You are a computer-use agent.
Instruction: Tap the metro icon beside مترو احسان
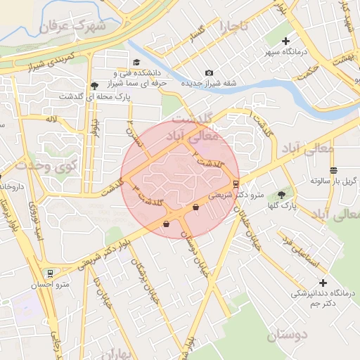(49, 274)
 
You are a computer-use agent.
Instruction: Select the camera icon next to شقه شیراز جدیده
(209, 72)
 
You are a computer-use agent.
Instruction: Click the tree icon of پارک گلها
(283, 195)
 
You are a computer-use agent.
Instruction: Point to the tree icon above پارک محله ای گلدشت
(94, 86)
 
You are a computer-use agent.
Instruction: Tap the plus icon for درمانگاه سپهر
(285, 41)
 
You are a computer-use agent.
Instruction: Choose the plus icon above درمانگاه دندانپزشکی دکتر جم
(302, 281)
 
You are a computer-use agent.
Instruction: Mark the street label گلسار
(192, 34)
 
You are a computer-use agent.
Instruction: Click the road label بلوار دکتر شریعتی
(105, 249)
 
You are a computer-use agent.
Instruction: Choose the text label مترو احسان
(49, 285)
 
